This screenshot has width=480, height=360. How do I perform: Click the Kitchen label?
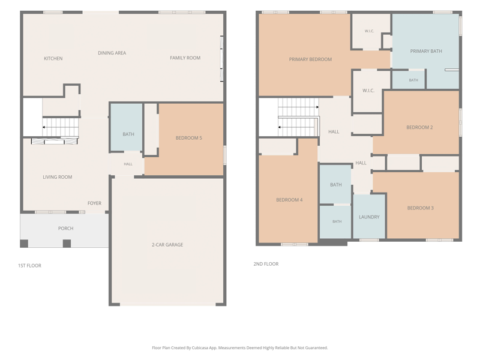click(53, 58)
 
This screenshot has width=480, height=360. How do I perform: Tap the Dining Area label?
click(112, 53)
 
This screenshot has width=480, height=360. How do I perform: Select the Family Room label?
click(185, 58)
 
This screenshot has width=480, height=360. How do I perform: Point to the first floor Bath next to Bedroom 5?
click(127, 127)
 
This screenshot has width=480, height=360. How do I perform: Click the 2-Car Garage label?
click(167, 245)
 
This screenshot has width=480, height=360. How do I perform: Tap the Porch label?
click(66, 229)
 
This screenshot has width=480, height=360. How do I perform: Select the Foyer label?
click(94, 203)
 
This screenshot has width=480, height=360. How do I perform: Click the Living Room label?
click(58, 177)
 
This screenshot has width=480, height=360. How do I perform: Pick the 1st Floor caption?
click(29, 266)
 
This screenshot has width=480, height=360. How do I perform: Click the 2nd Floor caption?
click(266, 264)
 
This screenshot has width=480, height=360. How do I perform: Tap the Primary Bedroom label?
click(310, 59)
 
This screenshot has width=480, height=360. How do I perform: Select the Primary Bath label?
click(426, 51)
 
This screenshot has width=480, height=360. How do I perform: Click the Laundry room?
click(369, 216)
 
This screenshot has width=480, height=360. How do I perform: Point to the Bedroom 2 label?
click(419, 127)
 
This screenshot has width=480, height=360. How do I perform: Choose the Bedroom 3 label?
click(421, 208)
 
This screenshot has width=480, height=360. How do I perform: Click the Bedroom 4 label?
click(289, 200)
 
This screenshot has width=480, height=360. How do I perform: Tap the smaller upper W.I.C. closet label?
click(369, 31)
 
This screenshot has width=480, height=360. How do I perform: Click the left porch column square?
click(24, 244)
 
